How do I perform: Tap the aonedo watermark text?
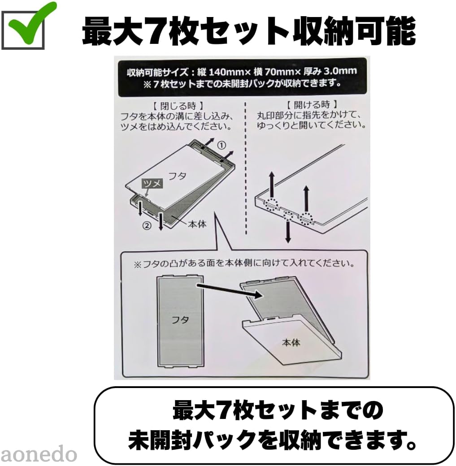click(x=39, y=454)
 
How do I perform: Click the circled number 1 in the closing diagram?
click(x=221, y=145)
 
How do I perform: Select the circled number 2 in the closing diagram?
click(x=147, y=225)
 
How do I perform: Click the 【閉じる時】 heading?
click(x=178, y=106)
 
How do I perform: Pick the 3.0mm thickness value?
click(x=340, y=71)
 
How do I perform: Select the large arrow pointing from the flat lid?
click(x=229, y=290)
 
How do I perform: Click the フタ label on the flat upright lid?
click(x=180, y=320)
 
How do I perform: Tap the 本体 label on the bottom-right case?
click(x=291, y=342)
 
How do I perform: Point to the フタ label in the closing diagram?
click(x=177, y=176)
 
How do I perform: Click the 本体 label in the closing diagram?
click(x=197, y=224)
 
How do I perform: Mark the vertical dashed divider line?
click(x=246, y=168)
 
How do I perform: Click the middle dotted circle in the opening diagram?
click(x=288, y=215)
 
